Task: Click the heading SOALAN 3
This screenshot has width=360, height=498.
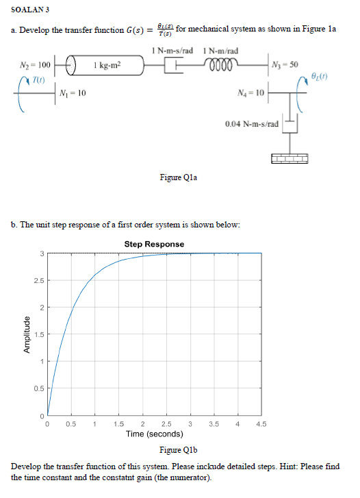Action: pos(30,10)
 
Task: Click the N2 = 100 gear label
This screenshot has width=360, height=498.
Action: pos(35,65)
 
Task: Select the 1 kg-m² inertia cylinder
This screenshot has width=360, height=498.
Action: pos(105,65)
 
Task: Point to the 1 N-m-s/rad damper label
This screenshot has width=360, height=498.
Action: pos(172,51)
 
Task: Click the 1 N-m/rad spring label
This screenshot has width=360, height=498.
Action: pos(220,51)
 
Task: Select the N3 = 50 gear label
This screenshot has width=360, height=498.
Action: pos(285,64)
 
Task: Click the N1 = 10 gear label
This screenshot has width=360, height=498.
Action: pos(73,93)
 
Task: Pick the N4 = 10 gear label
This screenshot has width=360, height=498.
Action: pos(250,92)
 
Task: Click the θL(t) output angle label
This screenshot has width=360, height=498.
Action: pos(319,76)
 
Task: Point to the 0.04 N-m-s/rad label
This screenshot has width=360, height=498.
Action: pos(252,124)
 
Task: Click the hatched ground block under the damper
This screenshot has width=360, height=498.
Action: pos(290,158)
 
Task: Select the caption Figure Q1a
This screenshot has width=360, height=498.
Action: pos(179,177)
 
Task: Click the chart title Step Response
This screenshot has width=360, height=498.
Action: pos(154,244)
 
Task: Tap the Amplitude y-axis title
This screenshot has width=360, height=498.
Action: pos(27,334)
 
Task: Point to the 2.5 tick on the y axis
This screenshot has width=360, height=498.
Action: pos(39,280)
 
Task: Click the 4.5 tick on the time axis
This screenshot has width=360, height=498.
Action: pos(261,424)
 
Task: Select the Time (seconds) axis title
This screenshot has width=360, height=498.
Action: pos(155,434)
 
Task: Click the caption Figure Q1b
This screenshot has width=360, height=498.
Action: pos(179,450)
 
